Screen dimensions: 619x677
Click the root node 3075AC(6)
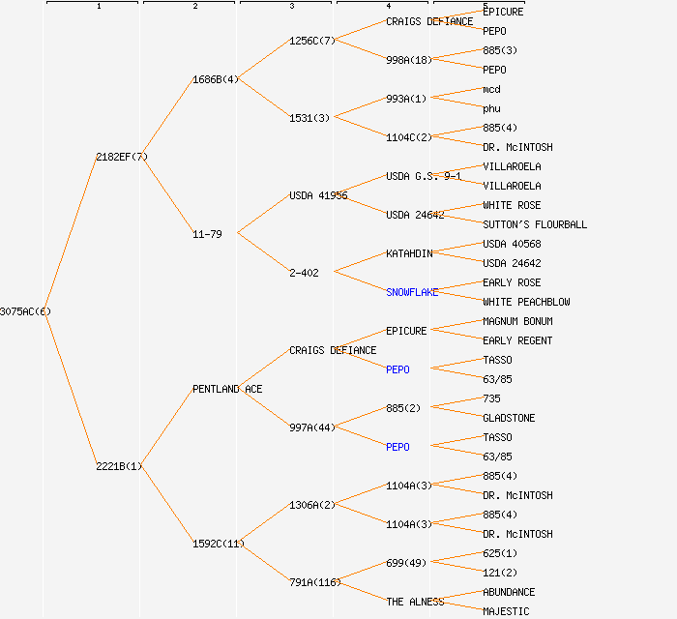click(x=25, y=311)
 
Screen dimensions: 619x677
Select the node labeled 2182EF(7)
click(x=122, y=157)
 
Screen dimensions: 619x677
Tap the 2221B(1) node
click(x=119, y=466)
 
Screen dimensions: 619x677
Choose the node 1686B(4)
click(x=216, y=79)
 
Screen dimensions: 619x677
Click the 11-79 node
click(x=207, y=234)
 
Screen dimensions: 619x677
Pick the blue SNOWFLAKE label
click(x=412, y=292)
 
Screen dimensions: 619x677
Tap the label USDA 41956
click(x=318, y=195)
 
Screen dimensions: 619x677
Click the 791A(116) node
click(x=315, y=582)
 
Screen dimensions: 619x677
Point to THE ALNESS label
click(x=415, y=602)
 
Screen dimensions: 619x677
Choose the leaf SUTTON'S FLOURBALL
click(x=535, y=224)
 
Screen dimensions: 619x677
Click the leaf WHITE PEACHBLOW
click(x=526, y=302)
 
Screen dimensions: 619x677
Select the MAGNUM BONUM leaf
click(x=517, y=321)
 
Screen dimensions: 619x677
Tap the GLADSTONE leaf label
click(x=509, y=418)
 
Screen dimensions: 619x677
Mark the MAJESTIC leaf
click(x=506, y=611)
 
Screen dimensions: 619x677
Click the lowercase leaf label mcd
click(x=491, y=89)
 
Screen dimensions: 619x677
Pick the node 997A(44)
click(x=312, y=427)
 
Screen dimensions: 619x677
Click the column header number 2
click(x=194, y=7)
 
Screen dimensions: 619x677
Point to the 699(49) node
click(x=406, y=563)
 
